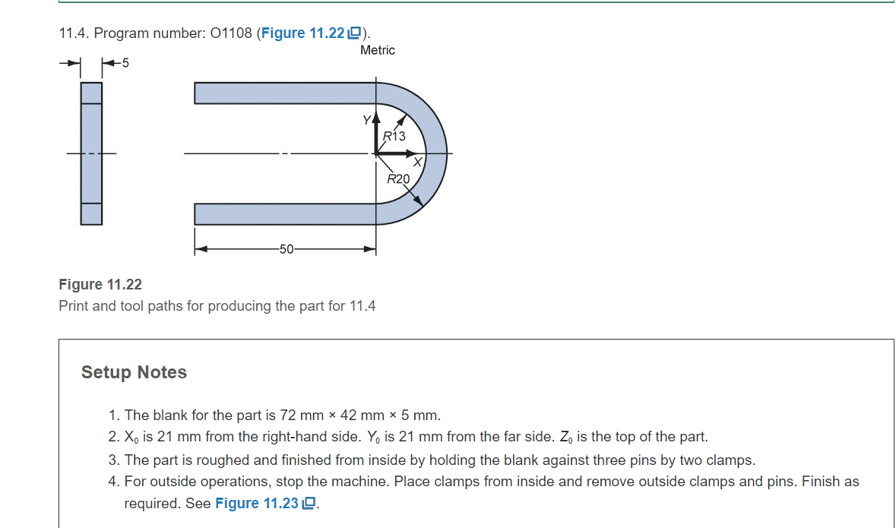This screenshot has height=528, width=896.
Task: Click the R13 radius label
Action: tap(395, 136)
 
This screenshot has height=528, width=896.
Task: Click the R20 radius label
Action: tap(398, 179)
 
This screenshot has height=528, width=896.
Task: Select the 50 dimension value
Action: tap(286, 249)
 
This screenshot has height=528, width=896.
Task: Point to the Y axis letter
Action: tap(366, 120)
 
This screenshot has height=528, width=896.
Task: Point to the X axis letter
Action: tap(417, 162)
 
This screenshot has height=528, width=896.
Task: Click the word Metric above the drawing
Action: tap(378, 50)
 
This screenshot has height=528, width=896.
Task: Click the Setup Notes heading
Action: tap(134, 372)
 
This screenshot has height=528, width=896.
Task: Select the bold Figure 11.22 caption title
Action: tap(100, 284)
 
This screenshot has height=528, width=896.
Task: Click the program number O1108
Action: tap(229, 33)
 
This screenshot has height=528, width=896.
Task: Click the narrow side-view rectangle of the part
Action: tap(91, 153)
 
